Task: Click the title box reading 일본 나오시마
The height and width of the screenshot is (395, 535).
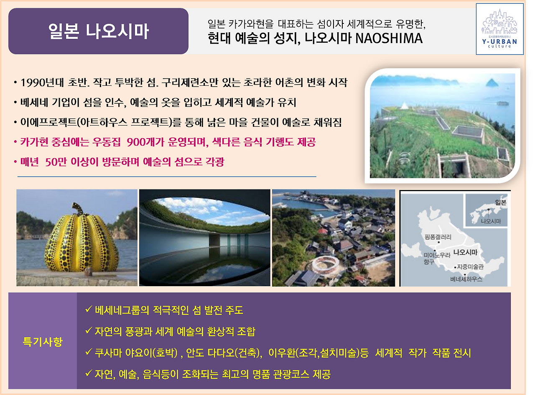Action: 98,31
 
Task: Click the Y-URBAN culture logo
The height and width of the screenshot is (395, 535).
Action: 499,29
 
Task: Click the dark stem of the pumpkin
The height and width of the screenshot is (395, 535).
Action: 77,208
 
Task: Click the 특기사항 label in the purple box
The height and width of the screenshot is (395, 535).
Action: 42,341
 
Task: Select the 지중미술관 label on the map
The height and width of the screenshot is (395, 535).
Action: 470,267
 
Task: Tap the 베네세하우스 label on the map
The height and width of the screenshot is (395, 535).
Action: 466,279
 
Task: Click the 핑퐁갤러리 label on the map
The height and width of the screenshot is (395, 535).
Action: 438,237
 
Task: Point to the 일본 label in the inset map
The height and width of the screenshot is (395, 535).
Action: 500,203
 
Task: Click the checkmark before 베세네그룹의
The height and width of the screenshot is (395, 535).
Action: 88,310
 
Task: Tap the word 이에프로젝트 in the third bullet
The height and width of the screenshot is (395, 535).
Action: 45,122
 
